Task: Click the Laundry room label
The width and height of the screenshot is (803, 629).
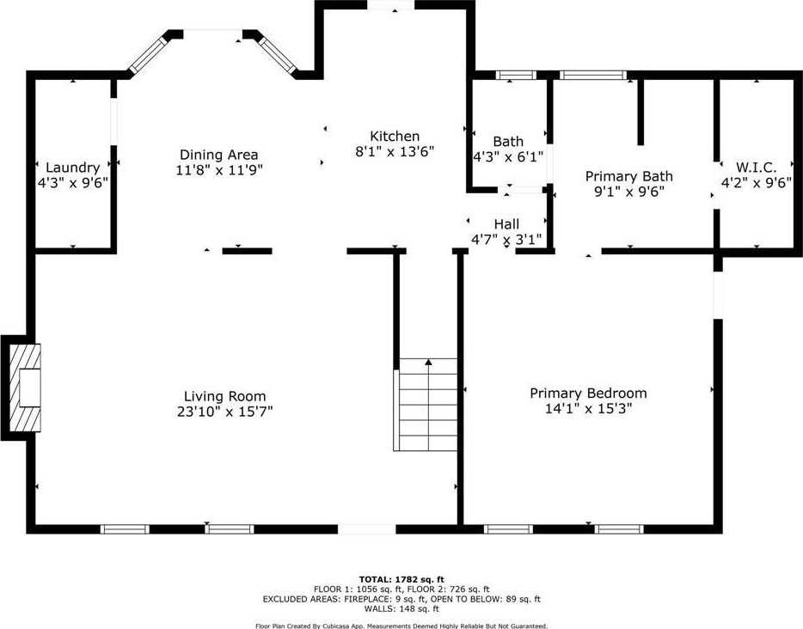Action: click(73, 168)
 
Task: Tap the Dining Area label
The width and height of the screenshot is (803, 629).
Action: click(218, 155)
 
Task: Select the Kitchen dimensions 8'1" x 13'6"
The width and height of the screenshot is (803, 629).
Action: click(395, 151)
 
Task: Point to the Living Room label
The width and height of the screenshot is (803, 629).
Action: click(224, 396)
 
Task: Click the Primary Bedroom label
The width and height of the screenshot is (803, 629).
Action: click(588, 393)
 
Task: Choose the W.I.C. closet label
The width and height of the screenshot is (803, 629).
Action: click(756, 168)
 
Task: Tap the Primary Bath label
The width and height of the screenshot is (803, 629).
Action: click(628, 176)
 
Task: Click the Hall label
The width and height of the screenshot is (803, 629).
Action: click(506, 224)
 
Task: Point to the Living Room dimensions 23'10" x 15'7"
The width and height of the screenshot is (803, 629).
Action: click(224, 412)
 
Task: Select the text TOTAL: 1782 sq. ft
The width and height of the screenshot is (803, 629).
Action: click(401, 580)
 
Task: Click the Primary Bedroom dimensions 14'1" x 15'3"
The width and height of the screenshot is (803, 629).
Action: click(588, 408)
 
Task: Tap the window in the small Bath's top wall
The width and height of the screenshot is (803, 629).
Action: click(516, 76)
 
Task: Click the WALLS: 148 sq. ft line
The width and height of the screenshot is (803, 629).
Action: click(401, 609)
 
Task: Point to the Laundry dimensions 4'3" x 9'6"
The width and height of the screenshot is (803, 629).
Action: click(73, 183)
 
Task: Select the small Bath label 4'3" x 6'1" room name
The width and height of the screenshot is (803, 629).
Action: click(508, 141)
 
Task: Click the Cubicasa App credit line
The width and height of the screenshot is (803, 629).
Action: click(401, 626)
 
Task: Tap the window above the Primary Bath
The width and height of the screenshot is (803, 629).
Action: click(593, 76)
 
